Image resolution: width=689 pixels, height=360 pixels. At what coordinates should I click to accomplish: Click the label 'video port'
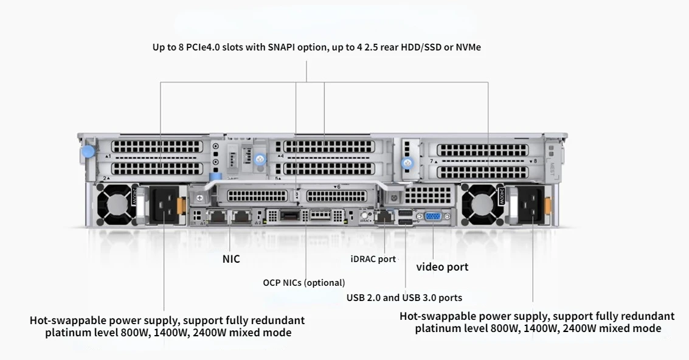(442, 267)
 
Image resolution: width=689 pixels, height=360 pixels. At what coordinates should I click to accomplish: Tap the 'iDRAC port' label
(373, 259)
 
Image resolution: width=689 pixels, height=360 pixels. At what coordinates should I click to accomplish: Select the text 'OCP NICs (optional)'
(303, 283)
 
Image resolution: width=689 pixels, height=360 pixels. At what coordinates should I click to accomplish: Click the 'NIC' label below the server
(231, 259)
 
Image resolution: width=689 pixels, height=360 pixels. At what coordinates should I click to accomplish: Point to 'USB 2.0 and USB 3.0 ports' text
(404, 298)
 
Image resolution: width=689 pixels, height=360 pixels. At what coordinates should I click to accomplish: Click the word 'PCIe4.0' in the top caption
(213, 47)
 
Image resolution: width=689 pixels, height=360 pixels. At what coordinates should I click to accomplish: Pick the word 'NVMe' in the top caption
(468, 47)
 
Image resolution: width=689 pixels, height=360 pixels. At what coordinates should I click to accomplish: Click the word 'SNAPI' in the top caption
(283, 47)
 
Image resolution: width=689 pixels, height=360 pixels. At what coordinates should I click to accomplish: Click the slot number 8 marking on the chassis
(535, 161)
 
